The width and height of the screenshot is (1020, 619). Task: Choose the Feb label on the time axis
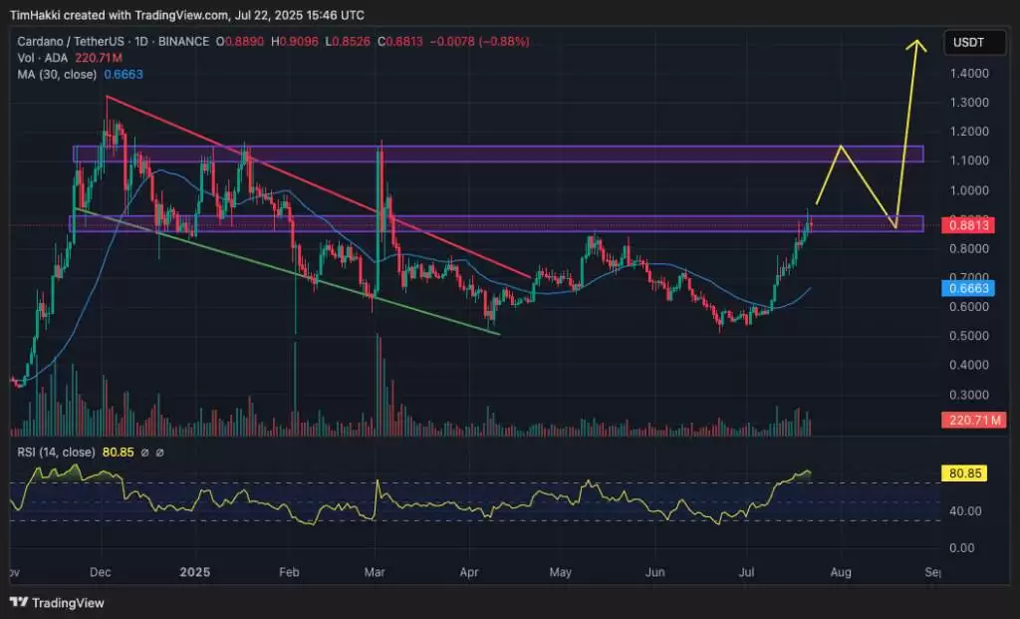(289, 572)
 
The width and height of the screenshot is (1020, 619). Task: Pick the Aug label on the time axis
(842, 572)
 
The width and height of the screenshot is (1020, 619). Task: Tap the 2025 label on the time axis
(195, 572)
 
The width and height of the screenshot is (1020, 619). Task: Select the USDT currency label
(967, 43)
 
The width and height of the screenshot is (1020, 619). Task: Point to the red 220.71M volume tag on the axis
(967, 422)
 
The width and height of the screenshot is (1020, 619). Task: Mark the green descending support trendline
(289, 272)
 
